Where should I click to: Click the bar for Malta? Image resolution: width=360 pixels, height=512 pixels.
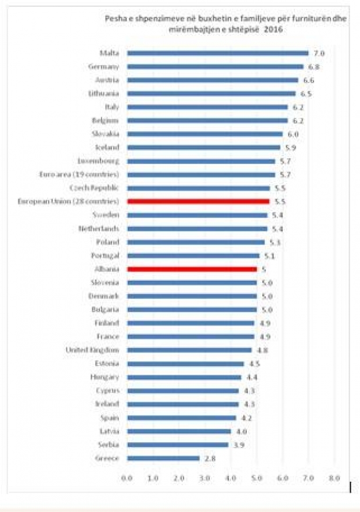218,53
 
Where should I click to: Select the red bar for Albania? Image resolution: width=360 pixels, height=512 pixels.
192,269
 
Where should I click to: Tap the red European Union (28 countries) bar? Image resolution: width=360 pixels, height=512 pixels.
199,202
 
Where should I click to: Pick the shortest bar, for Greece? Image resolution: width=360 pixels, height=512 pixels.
163,459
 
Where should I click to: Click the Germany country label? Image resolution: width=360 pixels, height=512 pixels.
104,66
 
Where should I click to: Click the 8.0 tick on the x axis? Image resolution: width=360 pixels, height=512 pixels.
334,478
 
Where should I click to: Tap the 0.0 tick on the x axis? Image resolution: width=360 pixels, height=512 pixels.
127,478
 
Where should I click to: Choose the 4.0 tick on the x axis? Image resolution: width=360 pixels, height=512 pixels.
231,478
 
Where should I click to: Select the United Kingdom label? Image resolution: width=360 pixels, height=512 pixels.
95,350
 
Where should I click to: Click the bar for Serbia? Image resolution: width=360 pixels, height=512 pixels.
178,445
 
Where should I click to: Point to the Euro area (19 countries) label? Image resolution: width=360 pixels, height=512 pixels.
86,174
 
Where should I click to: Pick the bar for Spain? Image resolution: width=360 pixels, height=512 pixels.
182,418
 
